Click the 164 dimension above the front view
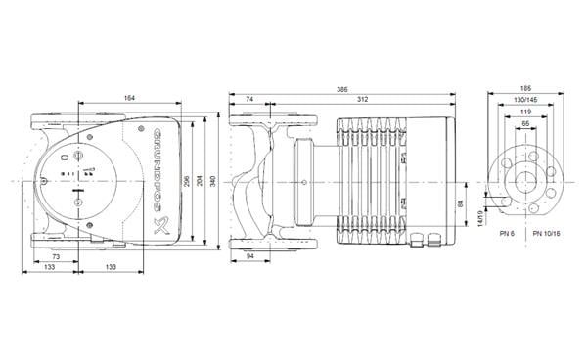[129, 95]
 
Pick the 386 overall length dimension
[342, 89]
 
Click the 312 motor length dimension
[362, 100]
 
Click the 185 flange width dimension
[525, 89]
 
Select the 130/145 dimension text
[525, 101]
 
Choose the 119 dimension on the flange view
[525, 112]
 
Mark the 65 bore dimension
[525, 124]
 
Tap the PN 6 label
[505, 235]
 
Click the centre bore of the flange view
[525, 182]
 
